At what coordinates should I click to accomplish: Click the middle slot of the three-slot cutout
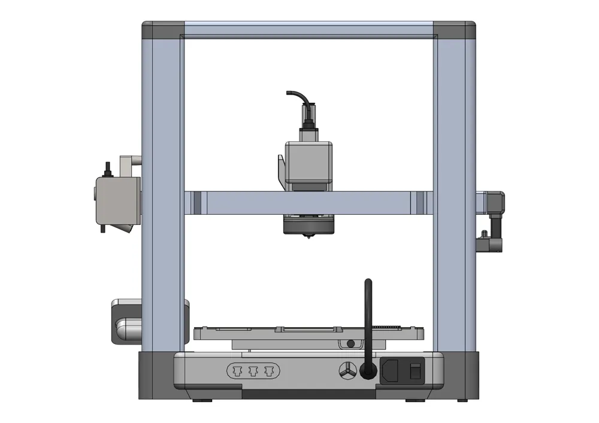click(253, 371)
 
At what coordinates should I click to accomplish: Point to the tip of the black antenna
click(368, 281)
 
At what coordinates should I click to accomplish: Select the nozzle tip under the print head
click(308, 238)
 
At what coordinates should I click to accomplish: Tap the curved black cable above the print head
click(297, 96)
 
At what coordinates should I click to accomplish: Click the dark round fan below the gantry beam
click(307, 226)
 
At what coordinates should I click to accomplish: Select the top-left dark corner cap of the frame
click(162, 29)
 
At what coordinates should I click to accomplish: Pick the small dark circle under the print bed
click(350, 343)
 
